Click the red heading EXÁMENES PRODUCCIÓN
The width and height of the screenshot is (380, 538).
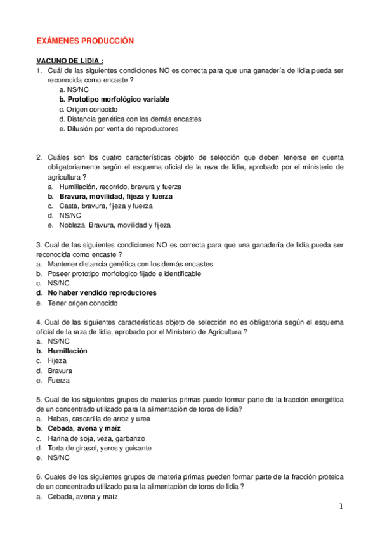pos(85,40)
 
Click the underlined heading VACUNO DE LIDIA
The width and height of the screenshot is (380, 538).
pos(70,61)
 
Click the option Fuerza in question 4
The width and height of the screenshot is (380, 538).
pos(58,380)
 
